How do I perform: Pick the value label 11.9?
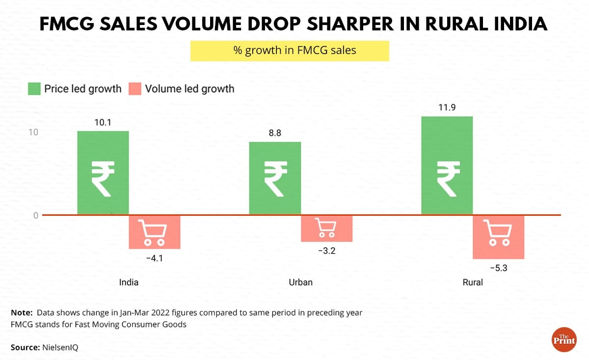tap(447, 107)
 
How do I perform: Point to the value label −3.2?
tap(326, 251)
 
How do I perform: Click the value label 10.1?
tap(103, 122)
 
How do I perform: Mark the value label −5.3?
tap(498, 268)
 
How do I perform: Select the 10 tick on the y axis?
tap(32, 132)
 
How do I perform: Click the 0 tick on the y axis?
tap(35, 215)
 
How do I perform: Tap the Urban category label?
tap(300, 283)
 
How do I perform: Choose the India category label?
tap(129, 283)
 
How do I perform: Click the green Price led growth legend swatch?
tap(34, 89)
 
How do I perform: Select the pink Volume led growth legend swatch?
tap(135, 89)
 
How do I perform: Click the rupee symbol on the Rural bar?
tap(447, 179)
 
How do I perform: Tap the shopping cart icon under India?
tap(154, 232)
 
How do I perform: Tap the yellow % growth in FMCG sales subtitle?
tap(290, 51)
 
